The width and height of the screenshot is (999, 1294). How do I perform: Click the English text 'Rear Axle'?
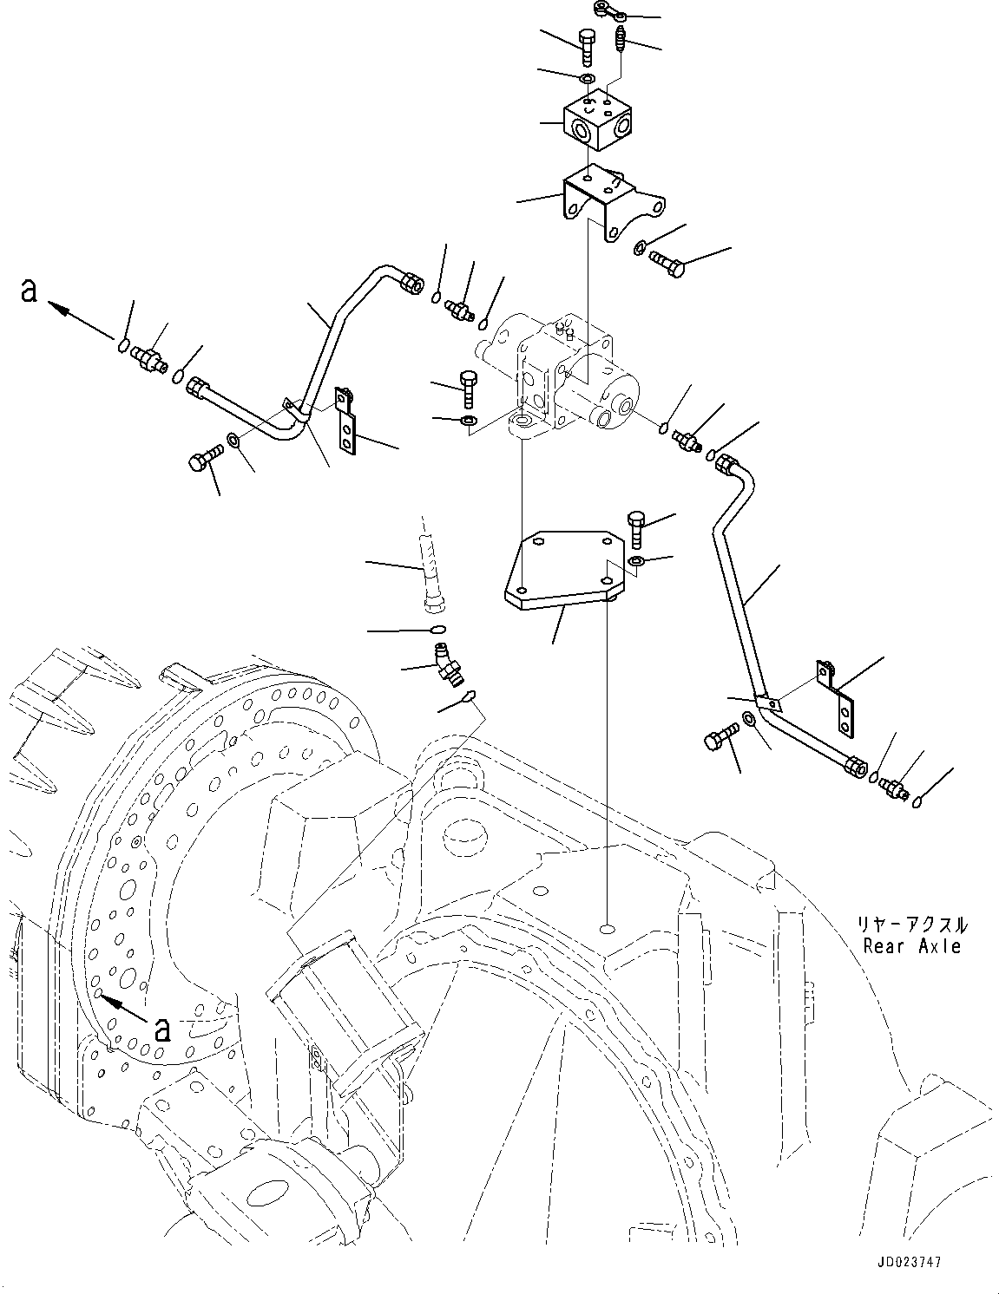(x=911, y=946)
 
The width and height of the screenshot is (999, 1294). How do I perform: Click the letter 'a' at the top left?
(x=29, y=291)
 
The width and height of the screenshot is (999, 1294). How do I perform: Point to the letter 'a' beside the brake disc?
(x=161, y=1029)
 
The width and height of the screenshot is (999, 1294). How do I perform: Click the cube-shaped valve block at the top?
(x=596, y=125)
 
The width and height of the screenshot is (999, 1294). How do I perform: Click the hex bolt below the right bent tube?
(x=720, y=740)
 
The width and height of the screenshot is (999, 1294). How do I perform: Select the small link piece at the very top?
(x=608, y=11)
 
